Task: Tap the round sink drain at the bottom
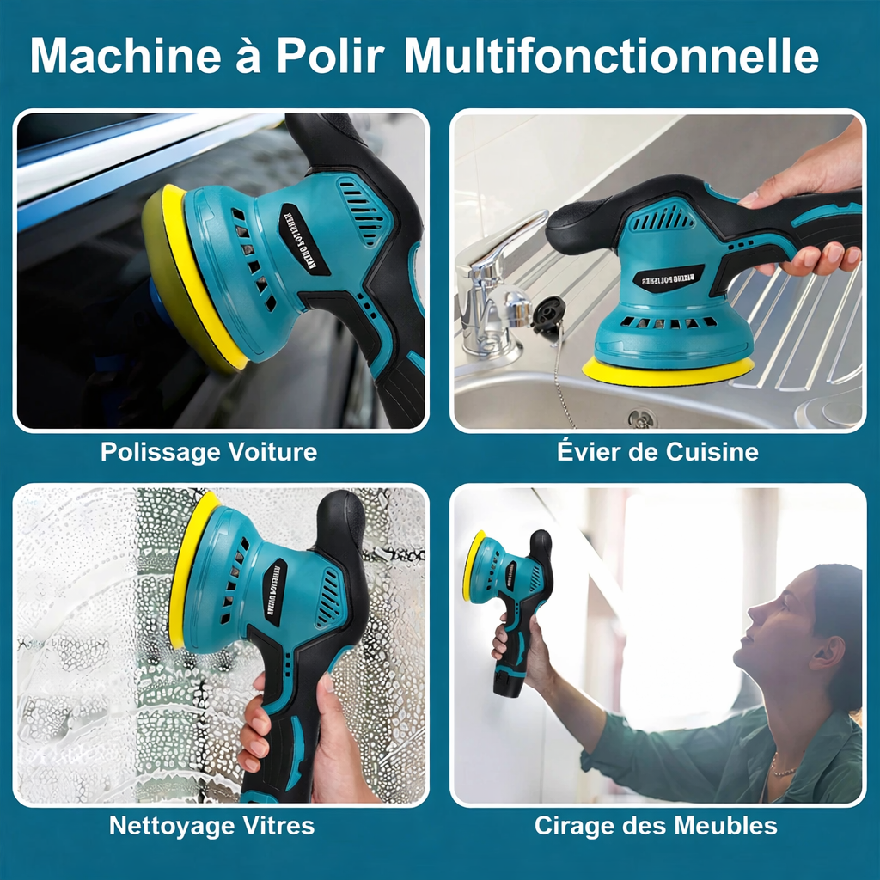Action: [641, 419]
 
